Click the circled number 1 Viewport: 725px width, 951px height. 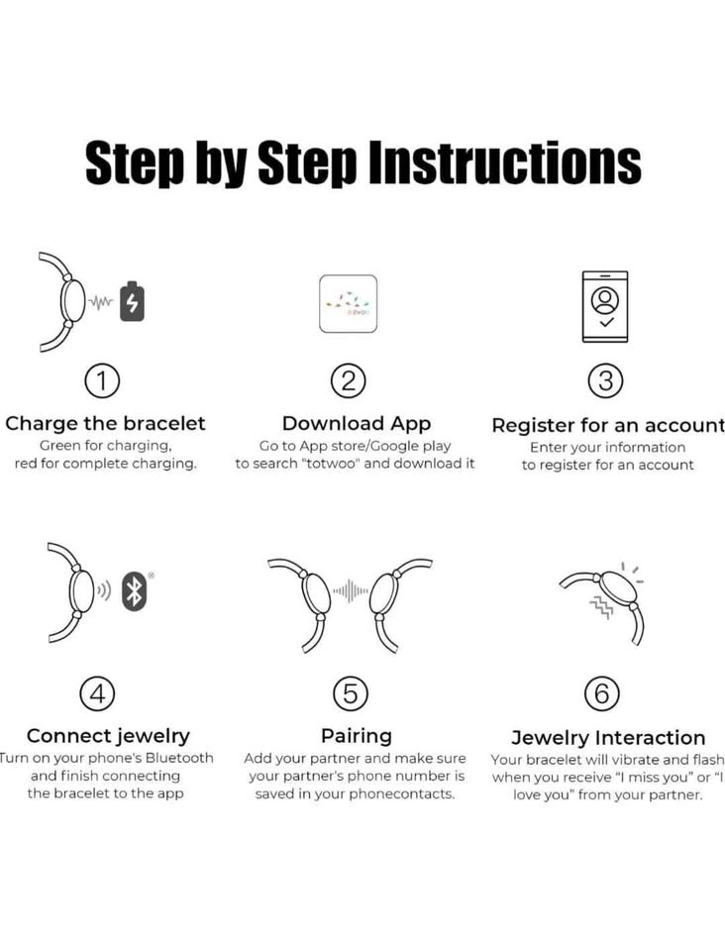(x=102, y=380)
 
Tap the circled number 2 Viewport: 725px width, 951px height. (x=349, y=380)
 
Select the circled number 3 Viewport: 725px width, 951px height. (x=605, y=380)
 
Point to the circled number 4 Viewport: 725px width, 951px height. (x=98, y=693)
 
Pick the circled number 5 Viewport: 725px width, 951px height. (x=351, y=693)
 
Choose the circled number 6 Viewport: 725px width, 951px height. (x=602, y=693)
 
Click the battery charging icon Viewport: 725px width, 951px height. (x=132, y=301)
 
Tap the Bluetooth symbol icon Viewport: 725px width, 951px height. (x=134, y=590)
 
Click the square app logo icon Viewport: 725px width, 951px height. (x=348, y=303)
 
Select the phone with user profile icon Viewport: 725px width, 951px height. (x=605, y=306)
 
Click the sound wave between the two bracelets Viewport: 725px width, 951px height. (x=350, y=590)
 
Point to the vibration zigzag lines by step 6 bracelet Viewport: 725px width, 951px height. (x=601, y=605)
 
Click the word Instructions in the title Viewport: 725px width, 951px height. (x=505, y=162)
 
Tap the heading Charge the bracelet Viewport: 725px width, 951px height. (x=105, y=423)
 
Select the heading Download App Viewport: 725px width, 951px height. (x=357, y=423)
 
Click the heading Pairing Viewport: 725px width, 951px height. (x=357, y=736)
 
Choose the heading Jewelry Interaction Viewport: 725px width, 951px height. (x=608, y=737)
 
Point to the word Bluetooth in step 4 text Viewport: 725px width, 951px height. (x=179, y=758)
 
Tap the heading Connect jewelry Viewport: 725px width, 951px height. (x=109, y=736)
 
